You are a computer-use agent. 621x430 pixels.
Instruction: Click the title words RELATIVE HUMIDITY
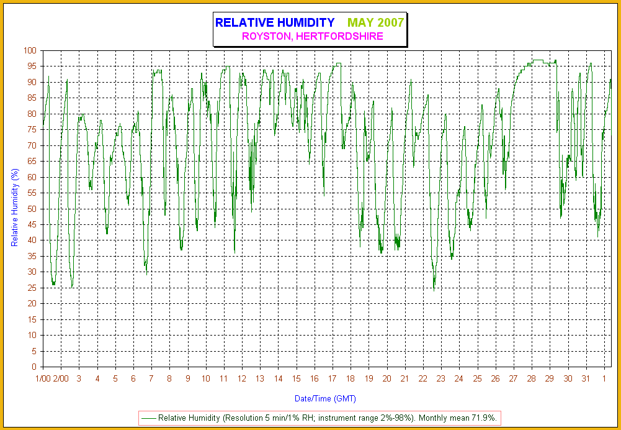click(x=275, y=23)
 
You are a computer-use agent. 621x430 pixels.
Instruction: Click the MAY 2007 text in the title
click(x=376, y=23)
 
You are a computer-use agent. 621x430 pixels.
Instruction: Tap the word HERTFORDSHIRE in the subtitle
click(x=340, y=37)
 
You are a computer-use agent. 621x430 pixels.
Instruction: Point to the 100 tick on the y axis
click(x=31, y=50)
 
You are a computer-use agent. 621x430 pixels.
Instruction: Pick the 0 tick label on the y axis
click(x=35, y=367)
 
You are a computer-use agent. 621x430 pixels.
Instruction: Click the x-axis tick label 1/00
click(x=43, y=378)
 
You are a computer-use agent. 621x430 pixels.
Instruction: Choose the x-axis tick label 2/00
click(x=61, y=378)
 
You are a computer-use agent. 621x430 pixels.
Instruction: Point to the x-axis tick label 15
click(x=297, y=378)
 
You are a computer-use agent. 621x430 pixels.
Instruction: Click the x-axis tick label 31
click(x=586, y=378)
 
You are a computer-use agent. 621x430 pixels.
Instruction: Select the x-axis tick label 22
click(x=423, y=378)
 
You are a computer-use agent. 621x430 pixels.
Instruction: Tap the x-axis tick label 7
click(x=151, y=378)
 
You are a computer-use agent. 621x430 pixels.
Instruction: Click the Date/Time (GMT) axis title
click(x=325, y=398)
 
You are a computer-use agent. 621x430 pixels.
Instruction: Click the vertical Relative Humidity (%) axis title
click(x=15, y=208)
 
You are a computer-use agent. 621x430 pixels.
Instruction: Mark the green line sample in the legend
click(x=149, y=418)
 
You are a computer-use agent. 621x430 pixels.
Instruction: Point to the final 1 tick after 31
click(x=604, y=378)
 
